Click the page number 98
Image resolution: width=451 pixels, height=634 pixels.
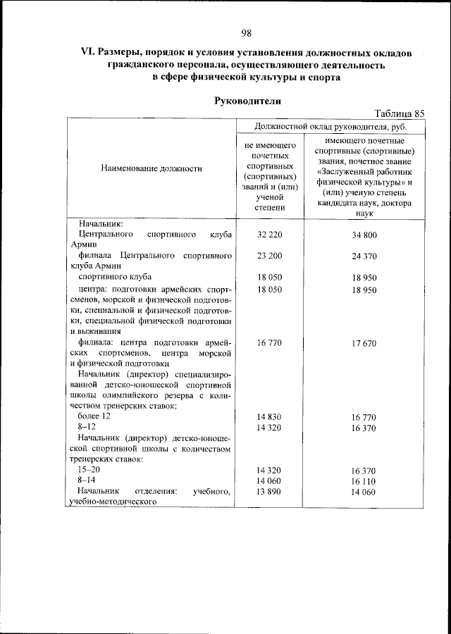tap(246, 33)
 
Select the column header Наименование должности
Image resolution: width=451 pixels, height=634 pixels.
tap(152, 168)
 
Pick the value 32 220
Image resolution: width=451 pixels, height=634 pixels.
tap(270, 234)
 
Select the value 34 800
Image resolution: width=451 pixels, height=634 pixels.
tap(365, 234)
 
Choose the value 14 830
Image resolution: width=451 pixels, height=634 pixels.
tap(270, 417)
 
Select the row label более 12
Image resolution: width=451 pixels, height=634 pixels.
tap(94, 417)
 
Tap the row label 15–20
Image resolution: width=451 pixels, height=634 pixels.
tap(89, 469)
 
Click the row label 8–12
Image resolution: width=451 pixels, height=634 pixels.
tap(87, 428)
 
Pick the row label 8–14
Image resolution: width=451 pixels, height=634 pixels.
tap(87, 480)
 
